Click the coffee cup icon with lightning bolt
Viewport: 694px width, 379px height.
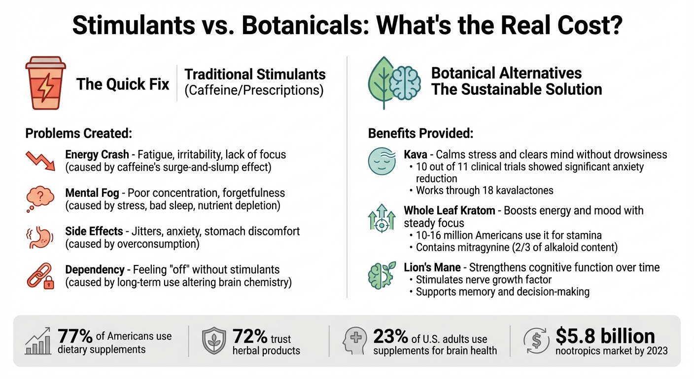[x=45, y=83]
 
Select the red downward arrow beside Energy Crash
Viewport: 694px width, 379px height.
[x=40, y=160]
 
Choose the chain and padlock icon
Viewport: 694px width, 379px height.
[x=40, y=275]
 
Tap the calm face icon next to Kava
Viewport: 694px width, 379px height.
[x=382, y=160]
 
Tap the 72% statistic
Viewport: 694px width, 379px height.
[x=250, y=337]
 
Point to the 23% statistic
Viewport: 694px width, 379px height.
[x=390, y=337]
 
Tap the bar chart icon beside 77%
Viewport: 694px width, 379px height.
[x=37, y=341]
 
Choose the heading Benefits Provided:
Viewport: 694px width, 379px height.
[x=421, y=133]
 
